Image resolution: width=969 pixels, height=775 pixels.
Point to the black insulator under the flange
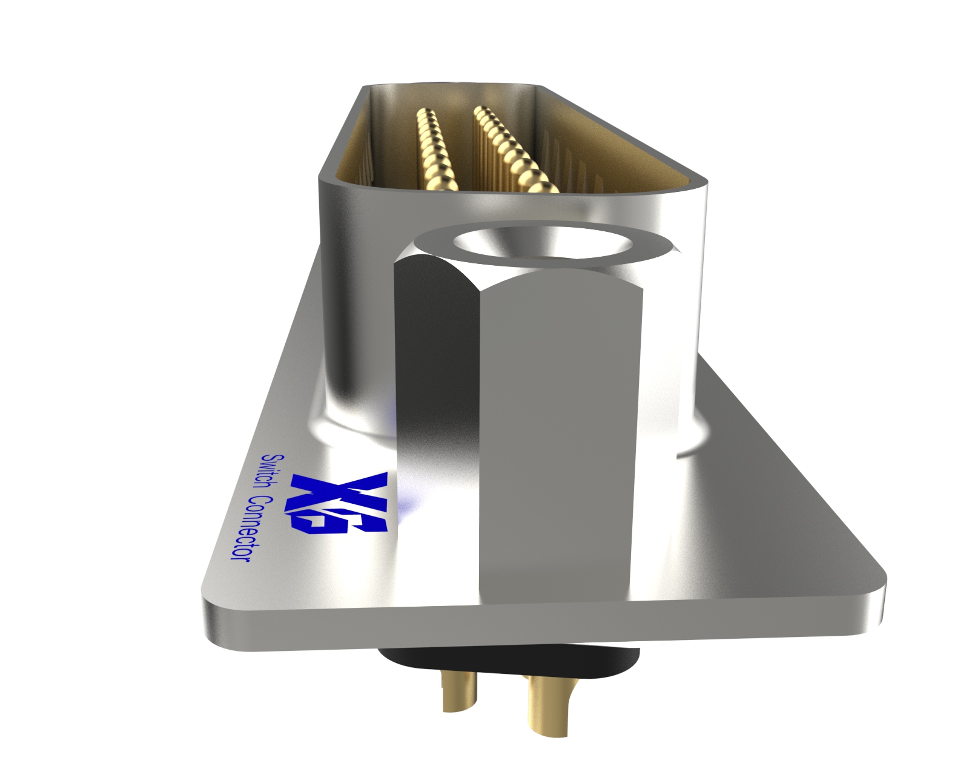509,662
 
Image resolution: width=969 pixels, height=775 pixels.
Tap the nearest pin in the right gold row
543,184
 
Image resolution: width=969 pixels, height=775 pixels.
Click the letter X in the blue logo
339,484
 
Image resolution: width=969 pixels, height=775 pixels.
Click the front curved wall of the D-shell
357,303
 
